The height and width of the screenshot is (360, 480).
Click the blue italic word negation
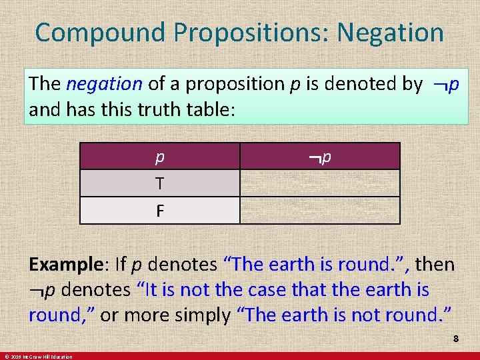105,84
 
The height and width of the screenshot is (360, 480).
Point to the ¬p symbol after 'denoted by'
445,84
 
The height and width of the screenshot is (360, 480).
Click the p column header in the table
159,157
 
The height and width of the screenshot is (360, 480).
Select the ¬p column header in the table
320,157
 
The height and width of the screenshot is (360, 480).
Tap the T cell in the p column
159,183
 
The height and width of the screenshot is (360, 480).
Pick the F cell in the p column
159,211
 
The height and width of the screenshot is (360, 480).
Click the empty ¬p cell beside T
320,183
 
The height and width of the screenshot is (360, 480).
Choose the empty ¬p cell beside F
320,211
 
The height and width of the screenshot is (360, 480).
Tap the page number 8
456,339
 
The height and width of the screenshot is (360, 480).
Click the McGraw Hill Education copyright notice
37,357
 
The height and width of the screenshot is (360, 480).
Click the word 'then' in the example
434,265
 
